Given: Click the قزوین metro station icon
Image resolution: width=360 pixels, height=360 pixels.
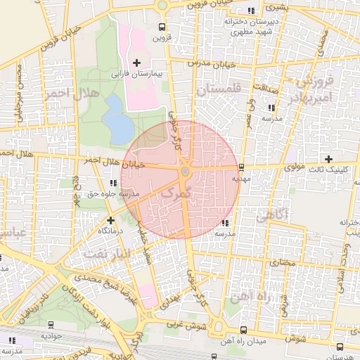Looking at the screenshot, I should click(x=162, y=29).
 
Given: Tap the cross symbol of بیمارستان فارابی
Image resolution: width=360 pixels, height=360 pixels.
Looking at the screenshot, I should click(x=137, y=63).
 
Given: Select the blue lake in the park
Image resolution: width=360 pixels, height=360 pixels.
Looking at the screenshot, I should click(x=117, y=118).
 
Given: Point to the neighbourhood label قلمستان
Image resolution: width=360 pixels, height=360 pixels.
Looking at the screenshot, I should click(x=219, y=90).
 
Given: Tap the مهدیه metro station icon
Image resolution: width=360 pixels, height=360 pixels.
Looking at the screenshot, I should click(x=241, y=167).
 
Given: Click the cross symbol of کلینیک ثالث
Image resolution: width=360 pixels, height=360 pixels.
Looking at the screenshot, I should click(x=328, y=158).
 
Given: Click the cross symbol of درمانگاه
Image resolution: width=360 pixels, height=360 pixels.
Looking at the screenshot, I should click(x=110, y=220).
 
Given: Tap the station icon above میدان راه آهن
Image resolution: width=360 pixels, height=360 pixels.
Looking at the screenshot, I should click(x=243, y=329).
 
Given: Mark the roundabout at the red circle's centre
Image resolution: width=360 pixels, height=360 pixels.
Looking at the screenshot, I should click(x=185, y=172).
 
